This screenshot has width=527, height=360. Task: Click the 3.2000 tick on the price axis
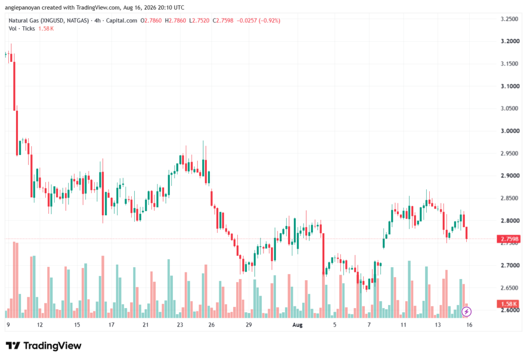pos(510,41)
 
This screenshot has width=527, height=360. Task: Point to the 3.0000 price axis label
pos(510,131)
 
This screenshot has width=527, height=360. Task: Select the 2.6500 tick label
pos(510,288)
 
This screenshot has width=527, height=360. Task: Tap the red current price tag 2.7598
pos(510,239)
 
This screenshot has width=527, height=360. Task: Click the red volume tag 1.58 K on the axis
pos(509,304)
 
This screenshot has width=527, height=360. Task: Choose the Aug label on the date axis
pos(297,324)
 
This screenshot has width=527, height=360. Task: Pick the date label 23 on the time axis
pos(180,324)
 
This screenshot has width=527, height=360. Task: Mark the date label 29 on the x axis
pos(249,324)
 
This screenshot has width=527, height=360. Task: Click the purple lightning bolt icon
pos(466,312)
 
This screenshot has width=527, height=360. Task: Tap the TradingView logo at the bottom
pos(43,346)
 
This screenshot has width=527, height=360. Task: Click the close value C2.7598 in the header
pos(223,21)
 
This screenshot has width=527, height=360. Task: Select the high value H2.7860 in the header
pos(175,21)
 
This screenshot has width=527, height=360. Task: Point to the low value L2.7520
pos(199,21)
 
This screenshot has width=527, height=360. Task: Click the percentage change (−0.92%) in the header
pos(269,21)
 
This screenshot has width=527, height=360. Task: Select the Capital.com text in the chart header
pos(121,21)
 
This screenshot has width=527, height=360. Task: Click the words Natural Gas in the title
pos(24,21)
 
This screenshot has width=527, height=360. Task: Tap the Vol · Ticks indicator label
pos(22,29)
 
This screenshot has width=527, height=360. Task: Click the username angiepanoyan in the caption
pos(23,7)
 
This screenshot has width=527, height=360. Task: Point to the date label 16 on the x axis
pos(469,324)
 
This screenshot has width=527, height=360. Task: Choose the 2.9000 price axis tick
pos(510,176)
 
